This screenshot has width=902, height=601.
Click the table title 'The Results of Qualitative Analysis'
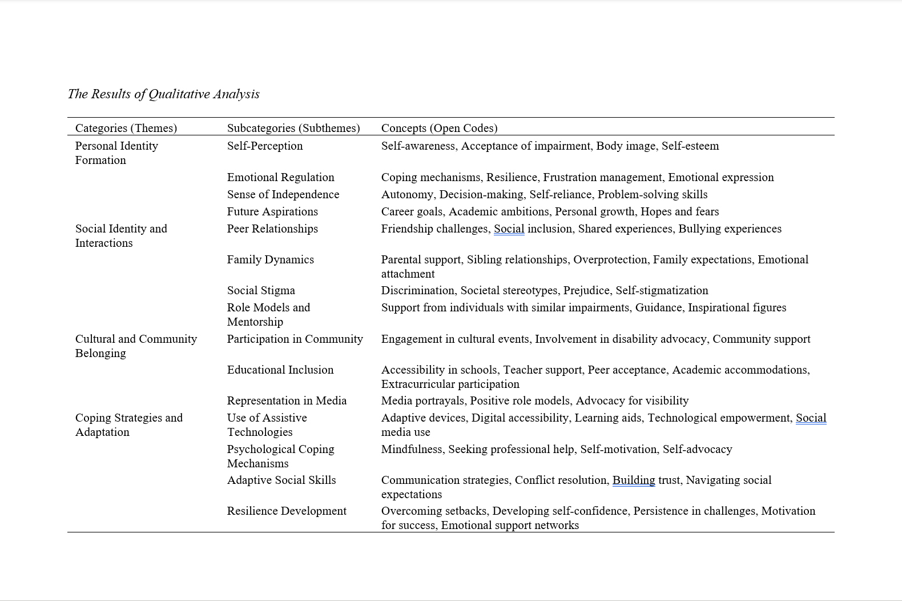point(163,94)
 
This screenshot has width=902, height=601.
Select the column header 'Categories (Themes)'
point(126,128)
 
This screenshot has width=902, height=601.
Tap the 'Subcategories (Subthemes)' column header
point(293,128)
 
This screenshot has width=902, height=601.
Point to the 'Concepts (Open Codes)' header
point(439,128)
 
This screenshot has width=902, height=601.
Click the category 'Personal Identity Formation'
point(116,153)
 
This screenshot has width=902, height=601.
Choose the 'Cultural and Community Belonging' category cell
point(136,346)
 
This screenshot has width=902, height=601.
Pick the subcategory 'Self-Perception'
point(265,146)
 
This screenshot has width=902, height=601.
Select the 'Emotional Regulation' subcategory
point(280,177)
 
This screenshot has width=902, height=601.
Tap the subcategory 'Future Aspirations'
point(272,211)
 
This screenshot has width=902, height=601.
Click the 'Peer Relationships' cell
point(272,229)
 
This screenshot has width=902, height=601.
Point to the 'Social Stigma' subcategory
point(261,290)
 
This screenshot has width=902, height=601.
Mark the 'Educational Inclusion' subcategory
point(280,370)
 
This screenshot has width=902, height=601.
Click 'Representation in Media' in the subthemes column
point(287,400)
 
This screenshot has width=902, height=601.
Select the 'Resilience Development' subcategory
point(287,511)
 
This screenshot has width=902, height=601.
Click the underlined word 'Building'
point(634,480)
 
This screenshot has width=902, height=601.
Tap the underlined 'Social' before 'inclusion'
point(509,229)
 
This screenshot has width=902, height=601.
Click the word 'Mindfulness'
point(412,449)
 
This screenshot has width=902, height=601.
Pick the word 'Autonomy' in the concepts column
point(407,194)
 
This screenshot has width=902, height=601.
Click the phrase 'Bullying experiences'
point(730,229)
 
